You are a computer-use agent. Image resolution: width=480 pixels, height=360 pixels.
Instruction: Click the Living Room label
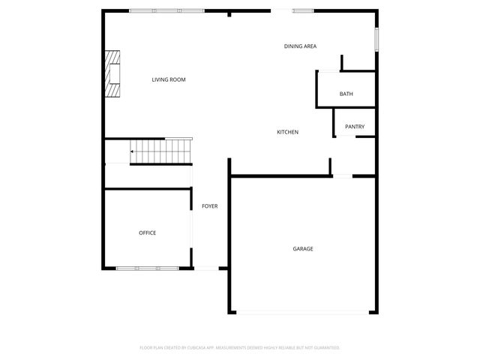point(168,79)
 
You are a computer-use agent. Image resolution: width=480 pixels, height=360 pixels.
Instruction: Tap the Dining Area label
point(300,46)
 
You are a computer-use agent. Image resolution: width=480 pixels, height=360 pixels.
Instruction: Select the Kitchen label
point(288,132)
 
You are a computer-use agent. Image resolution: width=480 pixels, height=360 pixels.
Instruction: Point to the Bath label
point(346,94)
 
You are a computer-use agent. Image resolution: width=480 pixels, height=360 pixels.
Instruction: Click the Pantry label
point(355,127)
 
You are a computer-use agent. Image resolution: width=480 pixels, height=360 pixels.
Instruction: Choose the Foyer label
point(209,206)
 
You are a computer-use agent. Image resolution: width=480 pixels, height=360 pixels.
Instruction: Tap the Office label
point(147,233)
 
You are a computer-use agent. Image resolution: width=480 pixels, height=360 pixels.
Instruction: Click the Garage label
point(303,249)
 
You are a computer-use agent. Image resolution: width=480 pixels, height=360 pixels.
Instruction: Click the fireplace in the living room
point(112,74)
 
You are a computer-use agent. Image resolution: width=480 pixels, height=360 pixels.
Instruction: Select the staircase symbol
point(162,151)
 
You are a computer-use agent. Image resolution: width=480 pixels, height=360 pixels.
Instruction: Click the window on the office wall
point(147,268)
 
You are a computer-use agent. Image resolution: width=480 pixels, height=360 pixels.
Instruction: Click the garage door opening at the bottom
point(303,312)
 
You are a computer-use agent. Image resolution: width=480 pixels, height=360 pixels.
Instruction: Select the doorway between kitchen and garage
point(342,176)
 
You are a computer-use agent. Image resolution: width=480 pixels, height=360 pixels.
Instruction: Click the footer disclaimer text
point(240,348)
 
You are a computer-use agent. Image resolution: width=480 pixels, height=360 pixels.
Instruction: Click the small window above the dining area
point(303,10)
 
